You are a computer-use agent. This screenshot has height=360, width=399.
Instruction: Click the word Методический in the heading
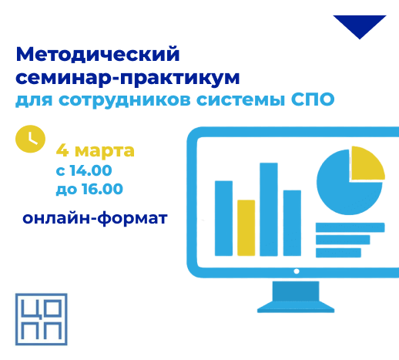pyautogui.click(x=98, y=55)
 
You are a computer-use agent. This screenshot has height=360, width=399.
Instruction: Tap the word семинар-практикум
pyautogui.click(x=128, y=78)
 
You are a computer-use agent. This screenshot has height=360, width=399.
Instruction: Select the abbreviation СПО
pyautogui.click(x=313, y=99)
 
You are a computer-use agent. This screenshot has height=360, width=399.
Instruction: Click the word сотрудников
pyautogui.click(x=125, y=101)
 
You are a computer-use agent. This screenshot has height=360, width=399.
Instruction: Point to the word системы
pyautogui.click(x=241, y=100)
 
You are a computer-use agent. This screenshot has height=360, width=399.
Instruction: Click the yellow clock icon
pyautogui.click(x=30, y=139)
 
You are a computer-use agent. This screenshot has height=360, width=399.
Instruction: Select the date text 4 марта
pyautogui.click(x=96, y=150)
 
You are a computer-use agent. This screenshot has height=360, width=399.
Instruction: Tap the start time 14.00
pyautogui.click(x=91, y=170)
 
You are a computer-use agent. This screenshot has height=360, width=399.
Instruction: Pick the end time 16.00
pyautogui.click(x=102, y=189)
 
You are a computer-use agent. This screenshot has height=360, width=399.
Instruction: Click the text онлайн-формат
pyautogui.click(x=95, y=218)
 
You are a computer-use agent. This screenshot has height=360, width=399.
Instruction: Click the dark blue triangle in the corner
pyautogui.click(x=360, y=25)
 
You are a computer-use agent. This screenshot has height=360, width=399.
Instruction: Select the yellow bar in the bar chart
pyautogui.click(x=246, y=227)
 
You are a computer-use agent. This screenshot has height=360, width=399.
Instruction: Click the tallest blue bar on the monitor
pyautogui.click(x=269, y=209)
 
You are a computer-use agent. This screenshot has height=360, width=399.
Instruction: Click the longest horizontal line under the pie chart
pyautogui.click(x=350, y=227)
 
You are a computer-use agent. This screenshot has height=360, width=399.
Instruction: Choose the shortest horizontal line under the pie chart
pyautogui.click(x=338, y=253)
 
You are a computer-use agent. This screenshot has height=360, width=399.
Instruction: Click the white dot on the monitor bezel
pyautogui.click(x=297, y=271)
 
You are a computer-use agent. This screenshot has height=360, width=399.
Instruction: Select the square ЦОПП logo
pyautogui.click(x=42, y=319)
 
